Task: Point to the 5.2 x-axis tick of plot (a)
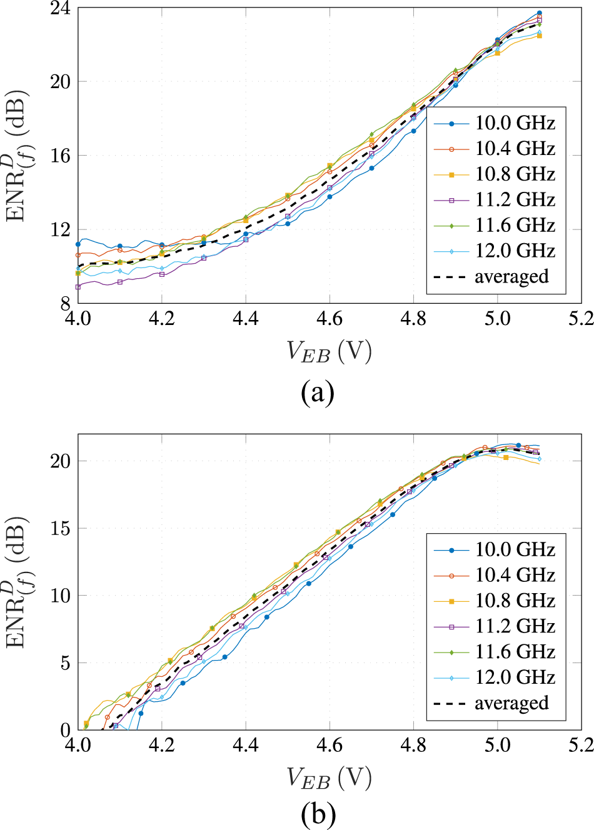[x=580, y=319]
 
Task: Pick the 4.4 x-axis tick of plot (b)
[x=246, y=746]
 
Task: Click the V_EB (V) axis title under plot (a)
[x=329, y=352]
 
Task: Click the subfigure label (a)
[x=318, y=392]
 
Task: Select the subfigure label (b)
[x=318, y=814]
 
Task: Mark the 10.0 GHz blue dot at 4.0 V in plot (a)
[x=78, y=244]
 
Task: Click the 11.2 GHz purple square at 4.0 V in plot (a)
[x=78, y=287]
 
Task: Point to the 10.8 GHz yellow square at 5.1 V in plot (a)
[x=539, y=36]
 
